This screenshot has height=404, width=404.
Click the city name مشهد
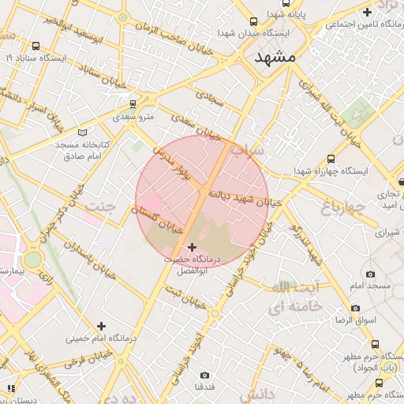275,58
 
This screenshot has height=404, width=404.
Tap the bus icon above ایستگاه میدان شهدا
253,22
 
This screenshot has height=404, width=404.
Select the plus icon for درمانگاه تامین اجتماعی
367,12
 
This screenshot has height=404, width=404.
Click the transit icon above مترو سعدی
133,104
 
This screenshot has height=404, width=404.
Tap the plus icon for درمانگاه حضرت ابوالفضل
192,248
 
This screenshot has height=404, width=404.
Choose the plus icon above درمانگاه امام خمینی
101,325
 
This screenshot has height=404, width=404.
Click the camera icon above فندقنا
205,375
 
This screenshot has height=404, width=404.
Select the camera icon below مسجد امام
356,308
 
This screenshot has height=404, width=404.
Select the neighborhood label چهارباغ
343,208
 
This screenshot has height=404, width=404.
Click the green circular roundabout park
32,260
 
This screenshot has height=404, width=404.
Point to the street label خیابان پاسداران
90,260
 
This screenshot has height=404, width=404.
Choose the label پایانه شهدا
285,13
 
